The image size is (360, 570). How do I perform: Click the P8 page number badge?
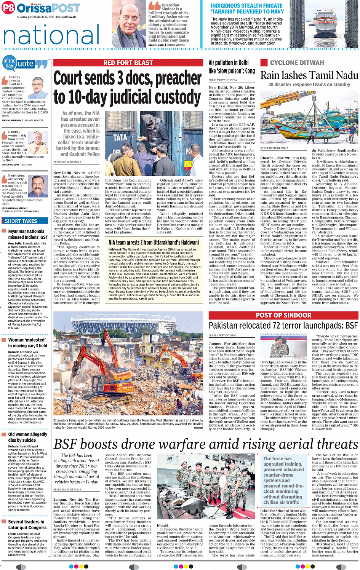point(8,8)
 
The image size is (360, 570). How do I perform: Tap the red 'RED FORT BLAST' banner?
point(128,63)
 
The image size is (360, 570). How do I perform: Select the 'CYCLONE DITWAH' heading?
point(297,63)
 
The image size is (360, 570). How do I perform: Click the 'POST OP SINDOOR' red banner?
point(283,315)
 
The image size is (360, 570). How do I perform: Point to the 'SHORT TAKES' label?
point(21,221)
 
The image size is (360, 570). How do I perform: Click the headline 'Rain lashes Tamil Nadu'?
point(309,75)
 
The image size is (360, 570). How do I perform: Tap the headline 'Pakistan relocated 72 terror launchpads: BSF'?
point(283,326)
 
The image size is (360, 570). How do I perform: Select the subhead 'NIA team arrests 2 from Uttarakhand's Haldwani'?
point(154,242)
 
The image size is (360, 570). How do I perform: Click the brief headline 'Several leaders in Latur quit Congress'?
point(27,524)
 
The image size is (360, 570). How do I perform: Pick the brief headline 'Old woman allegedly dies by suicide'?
point(27,437)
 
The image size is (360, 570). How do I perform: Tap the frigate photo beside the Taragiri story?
point(323,24)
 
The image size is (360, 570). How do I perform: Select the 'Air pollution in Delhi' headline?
point(231,67)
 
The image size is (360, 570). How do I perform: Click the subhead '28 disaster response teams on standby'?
point(309,85)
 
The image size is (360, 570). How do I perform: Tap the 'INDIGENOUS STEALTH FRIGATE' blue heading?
point(247,8)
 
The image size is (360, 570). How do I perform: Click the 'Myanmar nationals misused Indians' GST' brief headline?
point(28,234)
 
